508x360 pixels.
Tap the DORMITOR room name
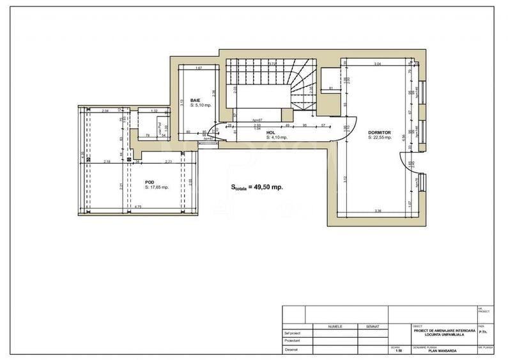click(379, 133)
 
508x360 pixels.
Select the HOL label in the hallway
click(271, 133)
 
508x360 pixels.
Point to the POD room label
click(150, 182)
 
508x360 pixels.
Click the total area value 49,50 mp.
click(268, 187)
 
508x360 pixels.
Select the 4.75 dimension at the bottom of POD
click(138, 207)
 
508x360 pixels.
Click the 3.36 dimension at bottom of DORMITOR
click(378, 211)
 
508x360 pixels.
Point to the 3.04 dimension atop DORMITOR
click(377, 65)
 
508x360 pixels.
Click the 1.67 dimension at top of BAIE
click(199, 68)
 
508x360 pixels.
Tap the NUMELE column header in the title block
click(335, 326)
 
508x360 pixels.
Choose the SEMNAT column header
click(373, 326)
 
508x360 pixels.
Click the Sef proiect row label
click(292, 333)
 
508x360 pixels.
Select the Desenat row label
click(291, 348)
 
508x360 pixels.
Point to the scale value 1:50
click(399, 350)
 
